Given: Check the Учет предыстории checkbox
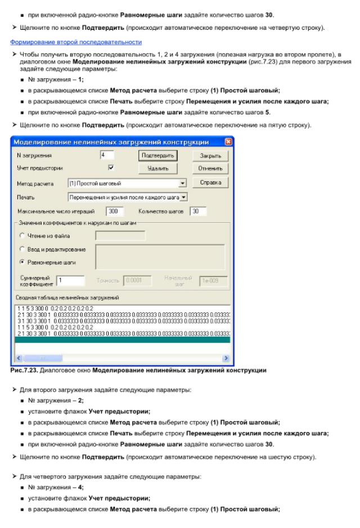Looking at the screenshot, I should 110,168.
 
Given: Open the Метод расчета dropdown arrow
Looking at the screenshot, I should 182,184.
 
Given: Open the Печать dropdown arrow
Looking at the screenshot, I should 182,197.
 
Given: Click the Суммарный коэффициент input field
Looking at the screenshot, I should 70,280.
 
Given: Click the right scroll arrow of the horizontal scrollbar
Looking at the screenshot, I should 226,357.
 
